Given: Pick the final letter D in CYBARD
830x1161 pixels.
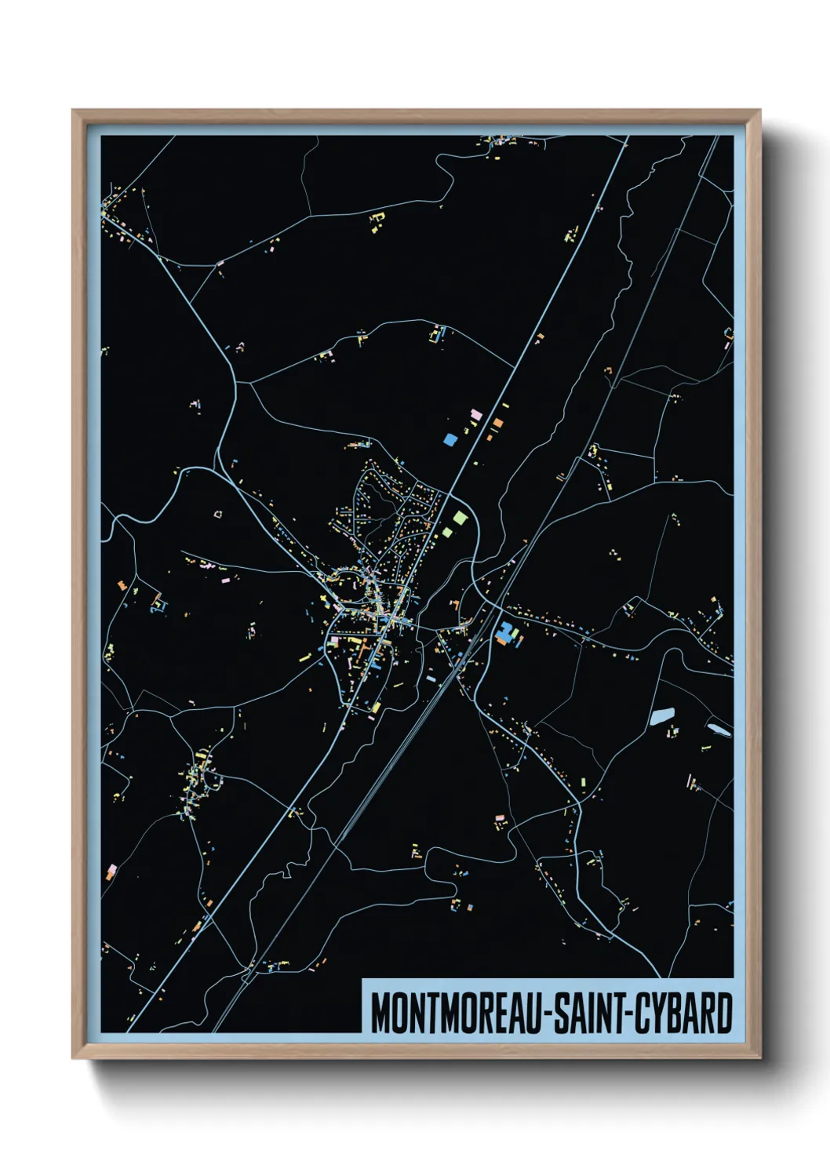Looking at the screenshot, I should pos(725,1014).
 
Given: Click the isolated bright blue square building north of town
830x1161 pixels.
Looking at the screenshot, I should pos(450,440).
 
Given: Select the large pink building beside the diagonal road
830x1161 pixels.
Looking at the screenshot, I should pos(475,414).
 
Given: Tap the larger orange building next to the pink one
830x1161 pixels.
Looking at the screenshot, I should pos(497,424).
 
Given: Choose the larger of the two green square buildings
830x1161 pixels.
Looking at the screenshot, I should pos(460,518).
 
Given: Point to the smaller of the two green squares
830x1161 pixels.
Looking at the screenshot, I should pos(447,533).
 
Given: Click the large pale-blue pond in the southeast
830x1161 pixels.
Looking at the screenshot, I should pos(662,715).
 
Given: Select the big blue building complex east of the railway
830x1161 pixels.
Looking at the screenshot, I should pos(508,632).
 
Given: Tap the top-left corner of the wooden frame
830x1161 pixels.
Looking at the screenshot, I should pos(74,111).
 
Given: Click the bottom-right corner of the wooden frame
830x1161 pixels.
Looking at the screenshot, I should pos(759,1057).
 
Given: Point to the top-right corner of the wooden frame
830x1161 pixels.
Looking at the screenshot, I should pos(759,111).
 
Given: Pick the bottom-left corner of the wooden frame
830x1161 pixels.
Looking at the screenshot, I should pos(74,1057).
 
